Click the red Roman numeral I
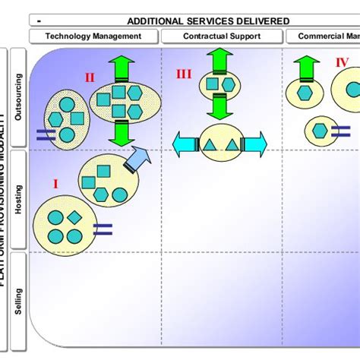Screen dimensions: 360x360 (55, 183)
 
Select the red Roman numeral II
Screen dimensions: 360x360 (90, 77)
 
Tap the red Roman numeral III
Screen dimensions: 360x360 (185, 74)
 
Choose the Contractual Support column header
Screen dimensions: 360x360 (221, 36)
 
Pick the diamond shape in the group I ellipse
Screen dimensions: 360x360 (74, 218)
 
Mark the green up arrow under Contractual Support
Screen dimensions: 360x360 (221, 59)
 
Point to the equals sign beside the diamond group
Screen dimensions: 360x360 (103, 227)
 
